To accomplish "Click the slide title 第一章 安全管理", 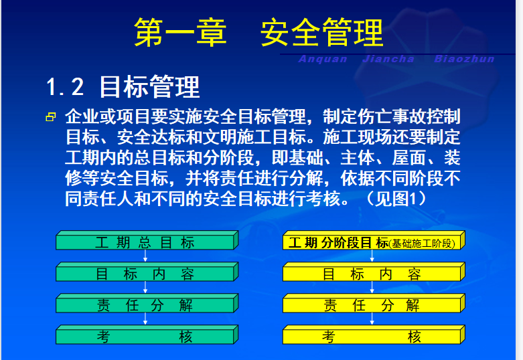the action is pos(259,32).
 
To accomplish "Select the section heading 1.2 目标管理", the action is pos(123,87).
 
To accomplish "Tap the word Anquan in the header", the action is pos(323,59).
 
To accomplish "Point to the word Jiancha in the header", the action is pos(388,59).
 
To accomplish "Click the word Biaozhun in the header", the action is pos(464,59).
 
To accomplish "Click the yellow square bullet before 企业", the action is pos(51,116).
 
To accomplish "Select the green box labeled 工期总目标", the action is pos(147,240).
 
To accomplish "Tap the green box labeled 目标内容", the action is pos(147,272).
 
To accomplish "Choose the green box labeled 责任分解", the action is pos(147,303).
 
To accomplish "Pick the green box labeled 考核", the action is pos(147,335).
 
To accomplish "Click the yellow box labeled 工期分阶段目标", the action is pos(374,240).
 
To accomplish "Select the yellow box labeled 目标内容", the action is pos(374,272).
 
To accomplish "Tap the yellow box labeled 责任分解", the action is pos(374,303).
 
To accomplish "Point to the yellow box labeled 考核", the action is pos(374,335).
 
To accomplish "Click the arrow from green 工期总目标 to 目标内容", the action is pos(145,256).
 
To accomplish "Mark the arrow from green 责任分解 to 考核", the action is pos(145,319).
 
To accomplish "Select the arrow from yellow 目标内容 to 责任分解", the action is pos(372,287).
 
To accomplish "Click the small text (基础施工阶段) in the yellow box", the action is pos(422,244).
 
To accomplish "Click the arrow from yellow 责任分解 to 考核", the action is pos(372,319).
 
